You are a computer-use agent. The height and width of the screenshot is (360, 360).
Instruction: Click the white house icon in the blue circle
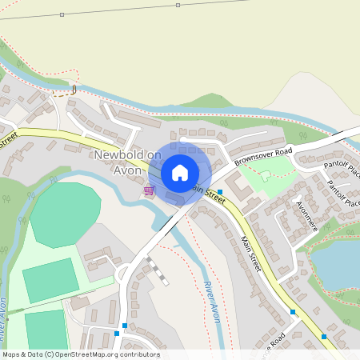pos(180,172)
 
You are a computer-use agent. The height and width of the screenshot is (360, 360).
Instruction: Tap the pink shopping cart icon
pos(149,190)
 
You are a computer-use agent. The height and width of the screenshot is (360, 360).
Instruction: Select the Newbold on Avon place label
pos(126,161)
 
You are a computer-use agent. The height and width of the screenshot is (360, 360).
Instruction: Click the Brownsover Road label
pos(264,156)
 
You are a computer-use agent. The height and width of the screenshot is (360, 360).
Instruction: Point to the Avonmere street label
pos(306,216)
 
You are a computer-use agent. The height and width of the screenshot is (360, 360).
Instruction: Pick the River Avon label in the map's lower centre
pos(211,302)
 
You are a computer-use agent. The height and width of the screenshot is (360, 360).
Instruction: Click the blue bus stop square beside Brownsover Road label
pos(220,170)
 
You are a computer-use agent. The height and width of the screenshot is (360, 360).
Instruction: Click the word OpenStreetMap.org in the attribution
pos(102,354)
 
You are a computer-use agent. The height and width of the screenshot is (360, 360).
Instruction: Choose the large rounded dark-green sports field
pos(66,214)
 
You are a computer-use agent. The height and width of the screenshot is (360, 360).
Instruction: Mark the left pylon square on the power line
pos(62,14)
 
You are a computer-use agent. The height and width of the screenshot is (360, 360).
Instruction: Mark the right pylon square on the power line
pos(177,6)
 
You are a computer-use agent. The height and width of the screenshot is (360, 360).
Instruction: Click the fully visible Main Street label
pos(250,254)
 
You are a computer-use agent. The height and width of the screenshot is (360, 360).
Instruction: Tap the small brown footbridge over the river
pos(74,88)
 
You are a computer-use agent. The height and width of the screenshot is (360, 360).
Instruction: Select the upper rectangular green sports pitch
pos(50,280)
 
